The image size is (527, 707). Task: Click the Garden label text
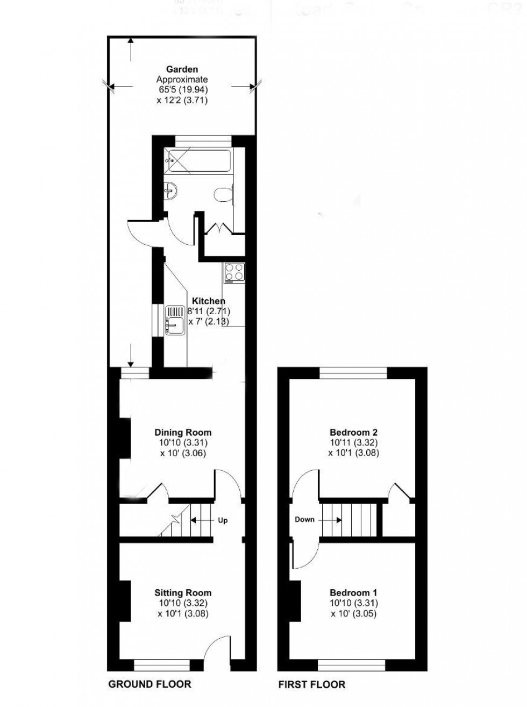click(x=182, y=69)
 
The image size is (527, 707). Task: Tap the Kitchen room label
click(x=209, y=301)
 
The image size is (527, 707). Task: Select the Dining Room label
click(x=183, y=432)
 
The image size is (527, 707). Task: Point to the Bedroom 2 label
click(x=353, y=432)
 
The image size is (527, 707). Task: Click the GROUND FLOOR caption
click(x=149, y=684)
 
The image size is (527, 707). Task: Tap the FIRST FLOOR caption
click(x=311, y=684)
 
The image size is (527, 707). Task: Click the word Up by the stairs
click(x=223, y=520)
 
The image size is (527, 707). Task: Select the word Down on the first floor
click(x=304, y=520)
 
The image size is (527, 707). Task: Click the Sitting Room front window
click(x=161, y=666)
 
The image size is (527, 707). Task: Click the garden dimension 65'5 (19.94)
click(x=182, y=89)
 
